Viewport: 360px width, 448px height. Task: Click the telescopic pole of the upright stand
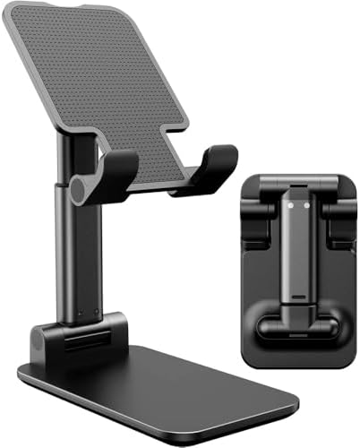click(76, 260)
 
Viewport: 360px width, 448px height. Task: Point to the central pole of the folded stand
click(299, 251)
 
